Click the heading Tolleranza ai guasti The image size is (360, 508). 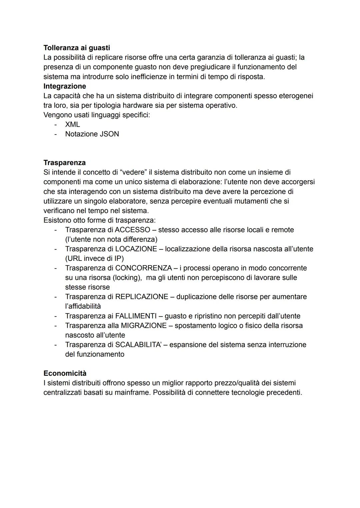pos(77,48)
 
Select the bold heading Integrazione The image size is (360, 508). pos(65,86)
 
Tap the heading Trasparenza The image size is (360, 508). pos(64,163)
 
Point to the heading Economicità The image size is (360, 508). pos(65,373)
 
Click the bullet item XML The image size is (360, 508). pos(72,125)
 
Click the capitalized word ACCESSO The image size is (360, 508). pos(132,230)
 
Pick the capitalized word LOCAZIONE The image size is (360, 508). pos(136,249)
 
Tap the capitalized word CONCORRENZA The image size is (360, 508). pos(143,268)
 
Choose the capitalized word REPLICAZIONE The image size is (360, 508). pos(141,297)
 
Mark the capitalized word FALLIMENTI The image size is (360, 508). pos(136,316)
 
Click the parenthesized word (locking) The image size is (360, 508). pos(126,278)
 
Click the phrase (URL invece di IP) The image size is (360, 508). pos(94,258)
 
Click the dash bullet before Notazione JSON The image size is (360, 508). pos(56,134)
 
